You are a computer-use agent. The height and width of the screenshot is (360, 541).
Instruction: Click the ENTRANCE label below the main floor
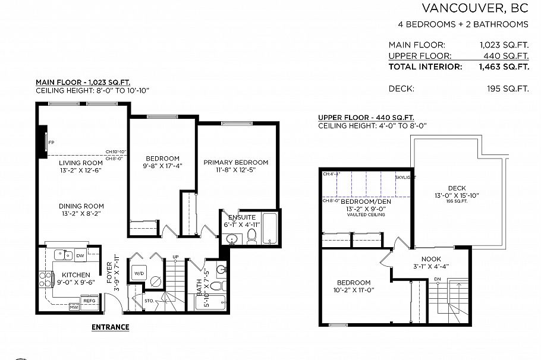(110, 327)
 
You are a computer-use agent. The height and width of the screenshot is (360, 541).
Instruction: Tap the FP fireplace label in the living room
(52, 143)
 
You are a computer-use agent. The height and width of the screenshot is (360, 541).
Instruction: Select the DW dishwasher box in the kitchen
(80, 255)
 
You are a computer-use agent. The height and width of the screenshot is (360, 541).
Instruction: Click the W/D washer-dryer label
(139, 273)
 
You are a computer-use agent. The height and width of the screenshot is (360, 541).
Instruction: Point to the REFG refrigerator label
(89, 301)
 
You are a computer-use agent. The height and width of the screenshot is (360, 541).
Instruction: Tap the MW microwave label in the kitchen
(74, 307)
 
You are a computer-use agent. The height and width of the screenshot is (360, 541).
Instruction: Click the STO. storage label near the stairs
(149, 301)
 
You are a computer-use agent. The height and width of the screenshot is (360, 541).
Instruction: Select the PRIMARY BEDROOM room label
(235, 162)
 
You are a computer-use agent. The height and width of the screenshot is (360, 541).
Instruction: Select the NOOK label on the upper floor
(430, 259)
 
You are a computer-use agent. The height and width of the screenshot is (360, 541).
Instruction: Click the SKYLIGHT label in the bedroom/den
(405, 177)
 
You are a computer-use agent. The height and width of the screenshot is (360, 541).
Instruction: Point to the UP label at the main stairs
(175, 257)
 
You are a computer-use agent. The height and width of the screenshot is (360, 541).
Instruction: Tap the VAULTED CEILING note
(366, 214)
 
